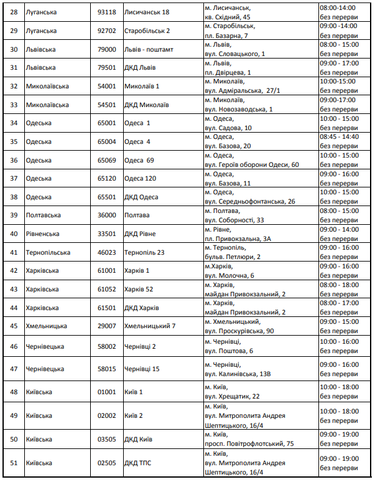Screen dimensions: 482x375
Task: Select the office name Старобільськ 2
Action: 147,31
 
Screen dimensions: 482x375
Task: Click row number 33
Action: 14,105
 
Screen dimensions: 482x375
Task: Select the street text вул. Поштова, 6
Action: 229,351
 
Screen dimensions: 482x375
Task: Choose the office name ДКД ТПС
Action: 137,463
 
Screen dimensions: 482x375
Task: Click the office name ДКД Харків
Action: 141,308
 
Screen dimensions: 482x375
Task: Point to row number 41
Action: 14,253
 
